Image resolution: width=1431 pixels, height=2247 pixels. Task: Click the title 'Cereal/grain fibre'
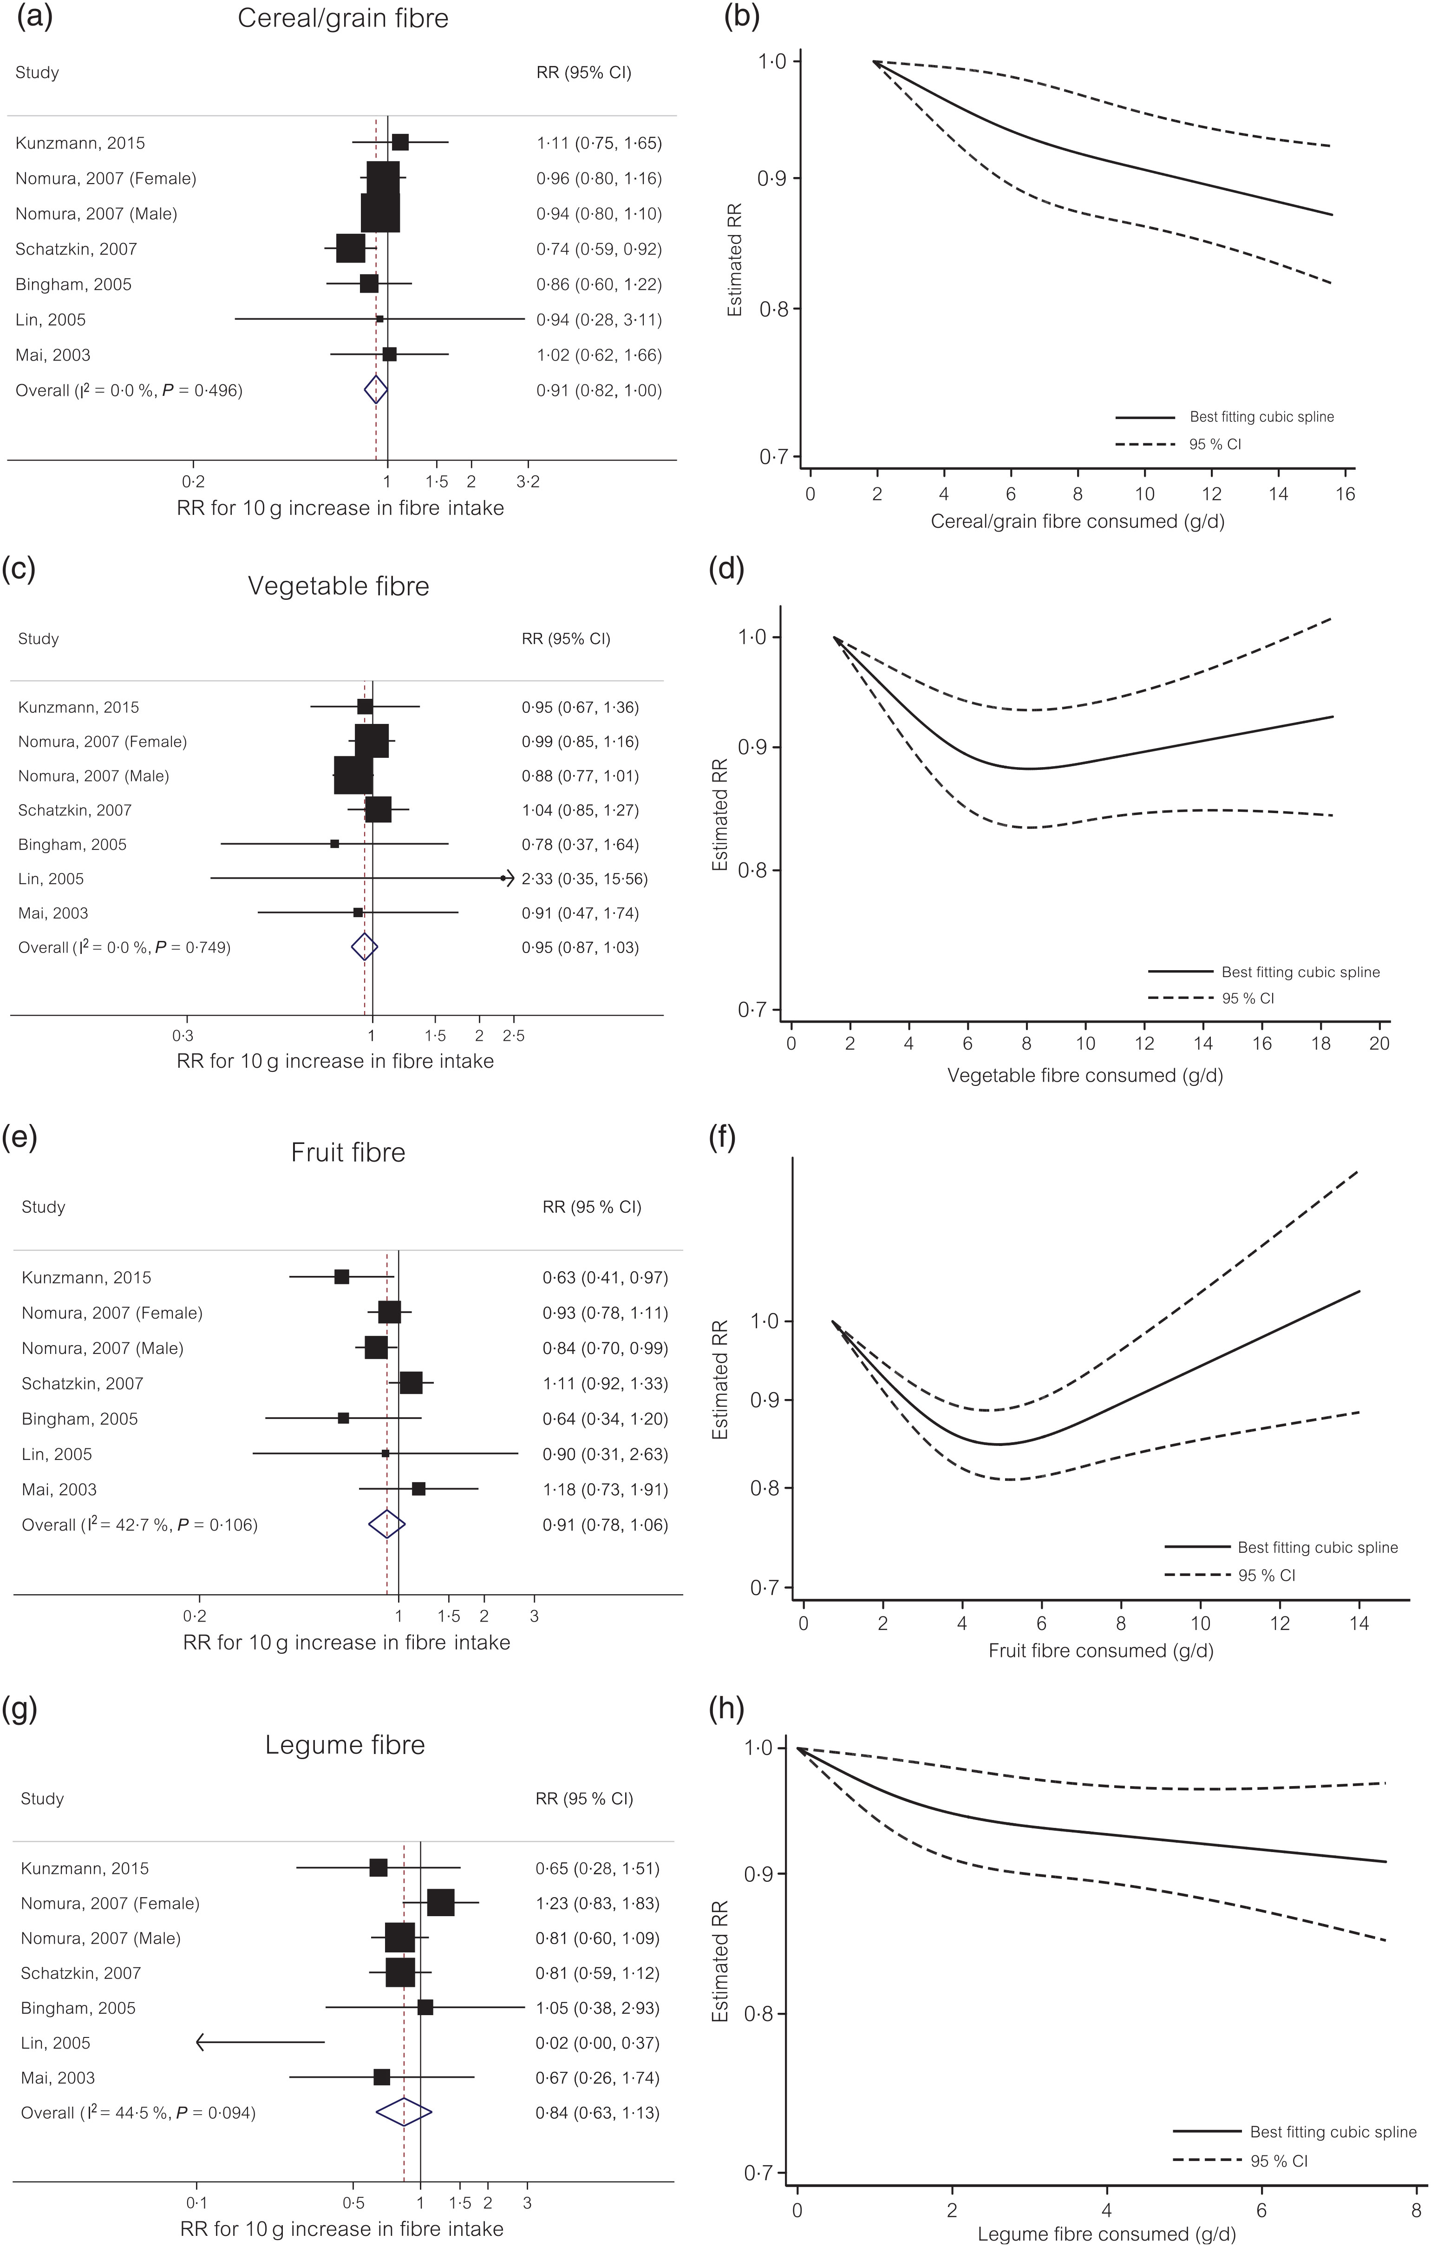point(342,19)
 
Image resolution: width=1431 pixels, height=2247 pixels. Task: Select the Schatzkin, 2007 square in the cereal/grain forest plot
point(351,249)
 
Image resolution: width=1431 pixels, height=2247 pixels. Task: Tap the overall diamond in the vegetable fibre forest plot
point(364,947)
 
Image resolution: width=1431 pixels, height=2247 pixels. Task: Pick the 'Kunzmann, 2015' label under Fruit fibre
point(86,1277)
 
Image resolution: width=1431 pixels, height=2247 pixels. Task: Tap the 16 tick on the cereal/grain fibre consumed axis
point(1345,494)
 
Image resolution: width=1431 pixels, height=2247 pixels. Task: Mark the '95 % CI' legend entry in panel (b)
point(1215,444)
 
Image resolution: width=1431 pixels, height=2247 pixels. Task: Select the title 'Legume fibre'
point(345,1745)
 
